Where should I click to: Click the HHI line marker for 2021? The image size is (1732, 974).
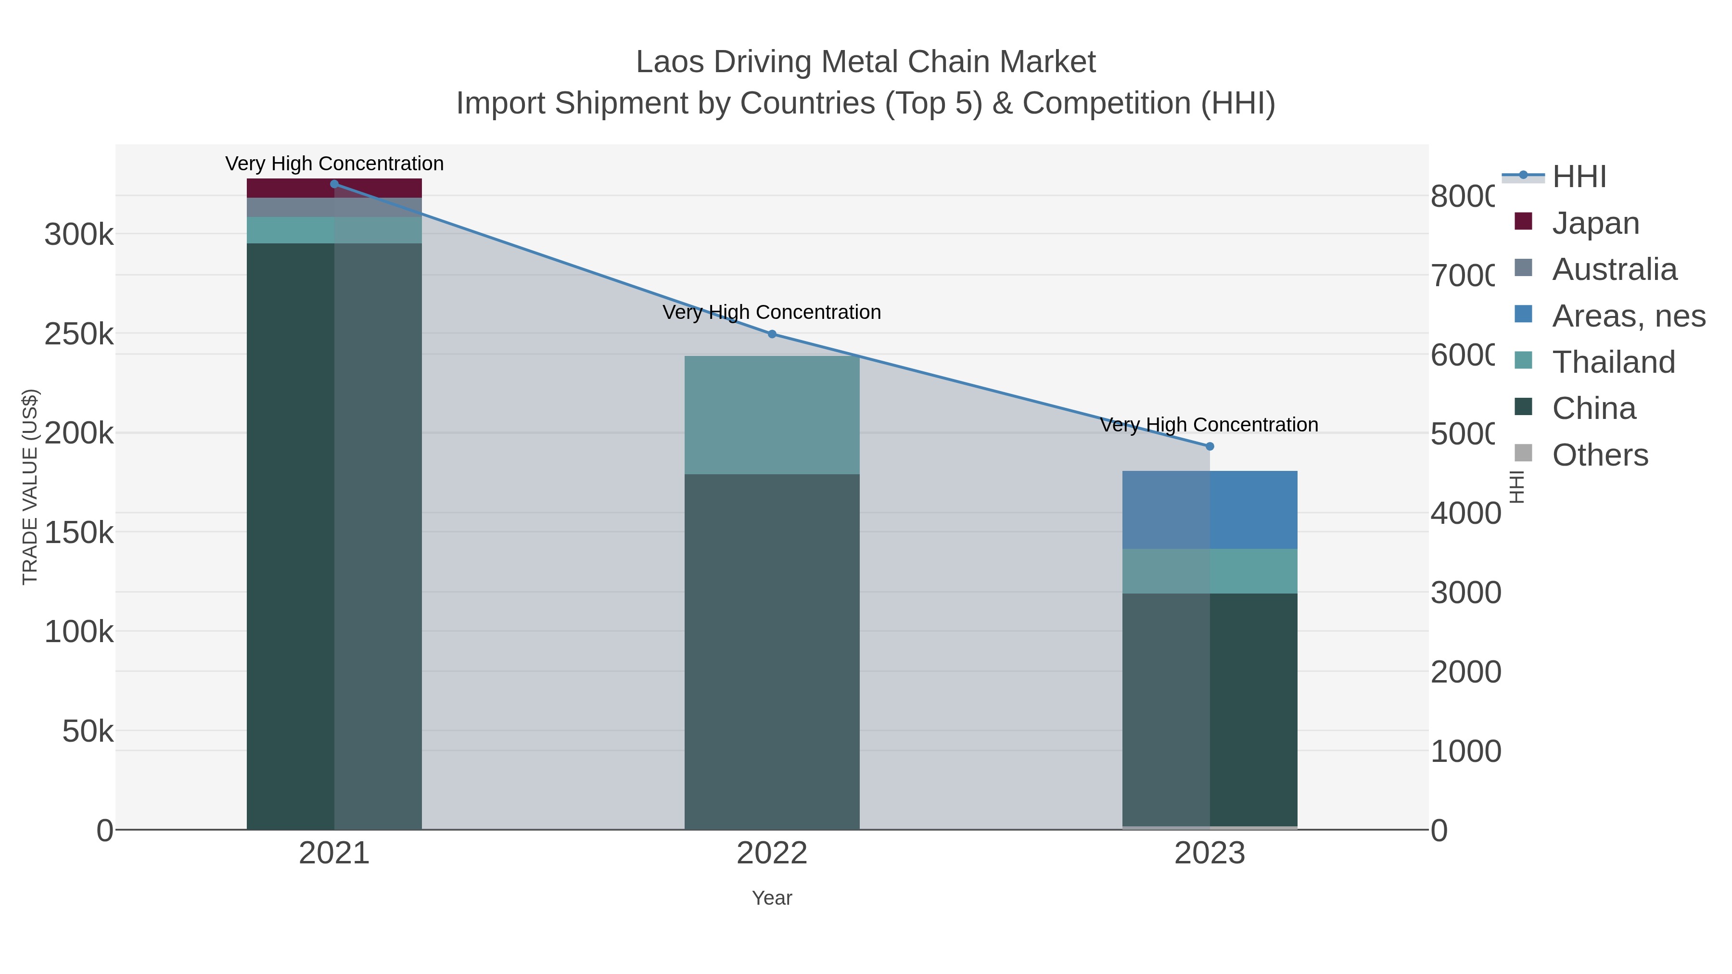point(334,184)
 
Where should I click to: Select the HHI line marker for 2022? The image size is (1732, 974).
point(772,334)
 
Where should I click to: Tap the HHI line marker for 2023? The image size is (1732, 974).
point(1210,446)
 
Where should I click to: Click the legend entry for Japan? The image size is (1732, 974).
point(1595,223)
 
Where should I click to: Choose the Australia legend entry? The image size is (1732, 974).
point(1614,269)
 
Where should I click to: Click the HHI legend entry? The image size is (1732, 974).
point(1578,177)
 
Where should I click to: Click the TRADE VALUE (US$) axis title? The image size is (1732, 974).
point(30,487)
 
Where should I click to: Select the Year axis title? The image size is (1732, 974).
point(772,898)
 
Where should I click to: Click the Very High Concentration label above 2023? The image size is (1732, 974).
point(1209,425)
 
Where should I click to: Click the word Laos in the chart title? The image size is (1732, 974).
point(668,62)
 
